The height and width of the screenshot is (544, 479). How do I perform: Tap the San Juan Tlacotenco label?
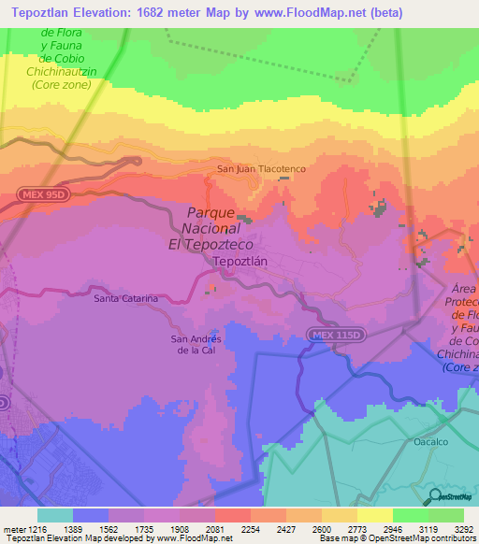coord(261,169)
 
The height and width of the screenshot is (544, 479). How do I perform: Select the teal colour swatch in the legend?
coord(55,514)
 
